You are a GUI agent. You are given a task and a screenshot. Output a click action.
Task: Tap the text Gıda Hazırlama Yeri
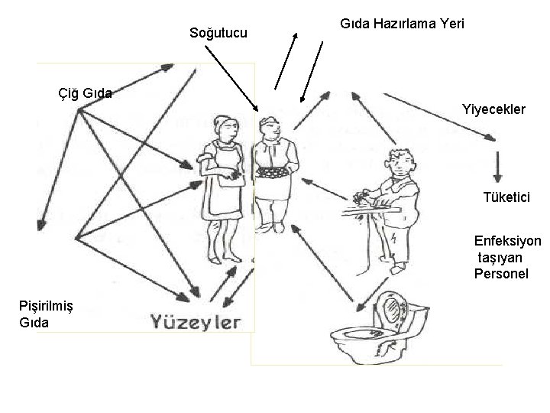402,24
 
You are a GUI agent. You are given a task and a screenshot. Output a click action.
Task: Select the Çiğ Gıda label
86,94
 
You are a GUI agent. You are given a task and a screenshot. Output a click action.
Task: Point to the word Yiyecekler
493,109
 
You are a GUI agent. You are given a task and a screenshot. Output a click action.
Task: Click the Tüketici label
506,197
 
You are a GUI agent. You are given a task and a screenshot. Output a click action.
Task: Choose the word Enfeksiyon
507,242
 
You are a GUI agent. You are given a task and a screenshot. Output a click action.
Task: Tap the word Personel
500,273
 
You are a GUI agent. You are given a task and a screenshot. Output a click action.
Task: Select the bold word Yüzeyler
195,320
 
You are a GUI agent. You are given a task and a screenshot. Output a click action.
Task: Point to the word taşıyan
500,258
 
